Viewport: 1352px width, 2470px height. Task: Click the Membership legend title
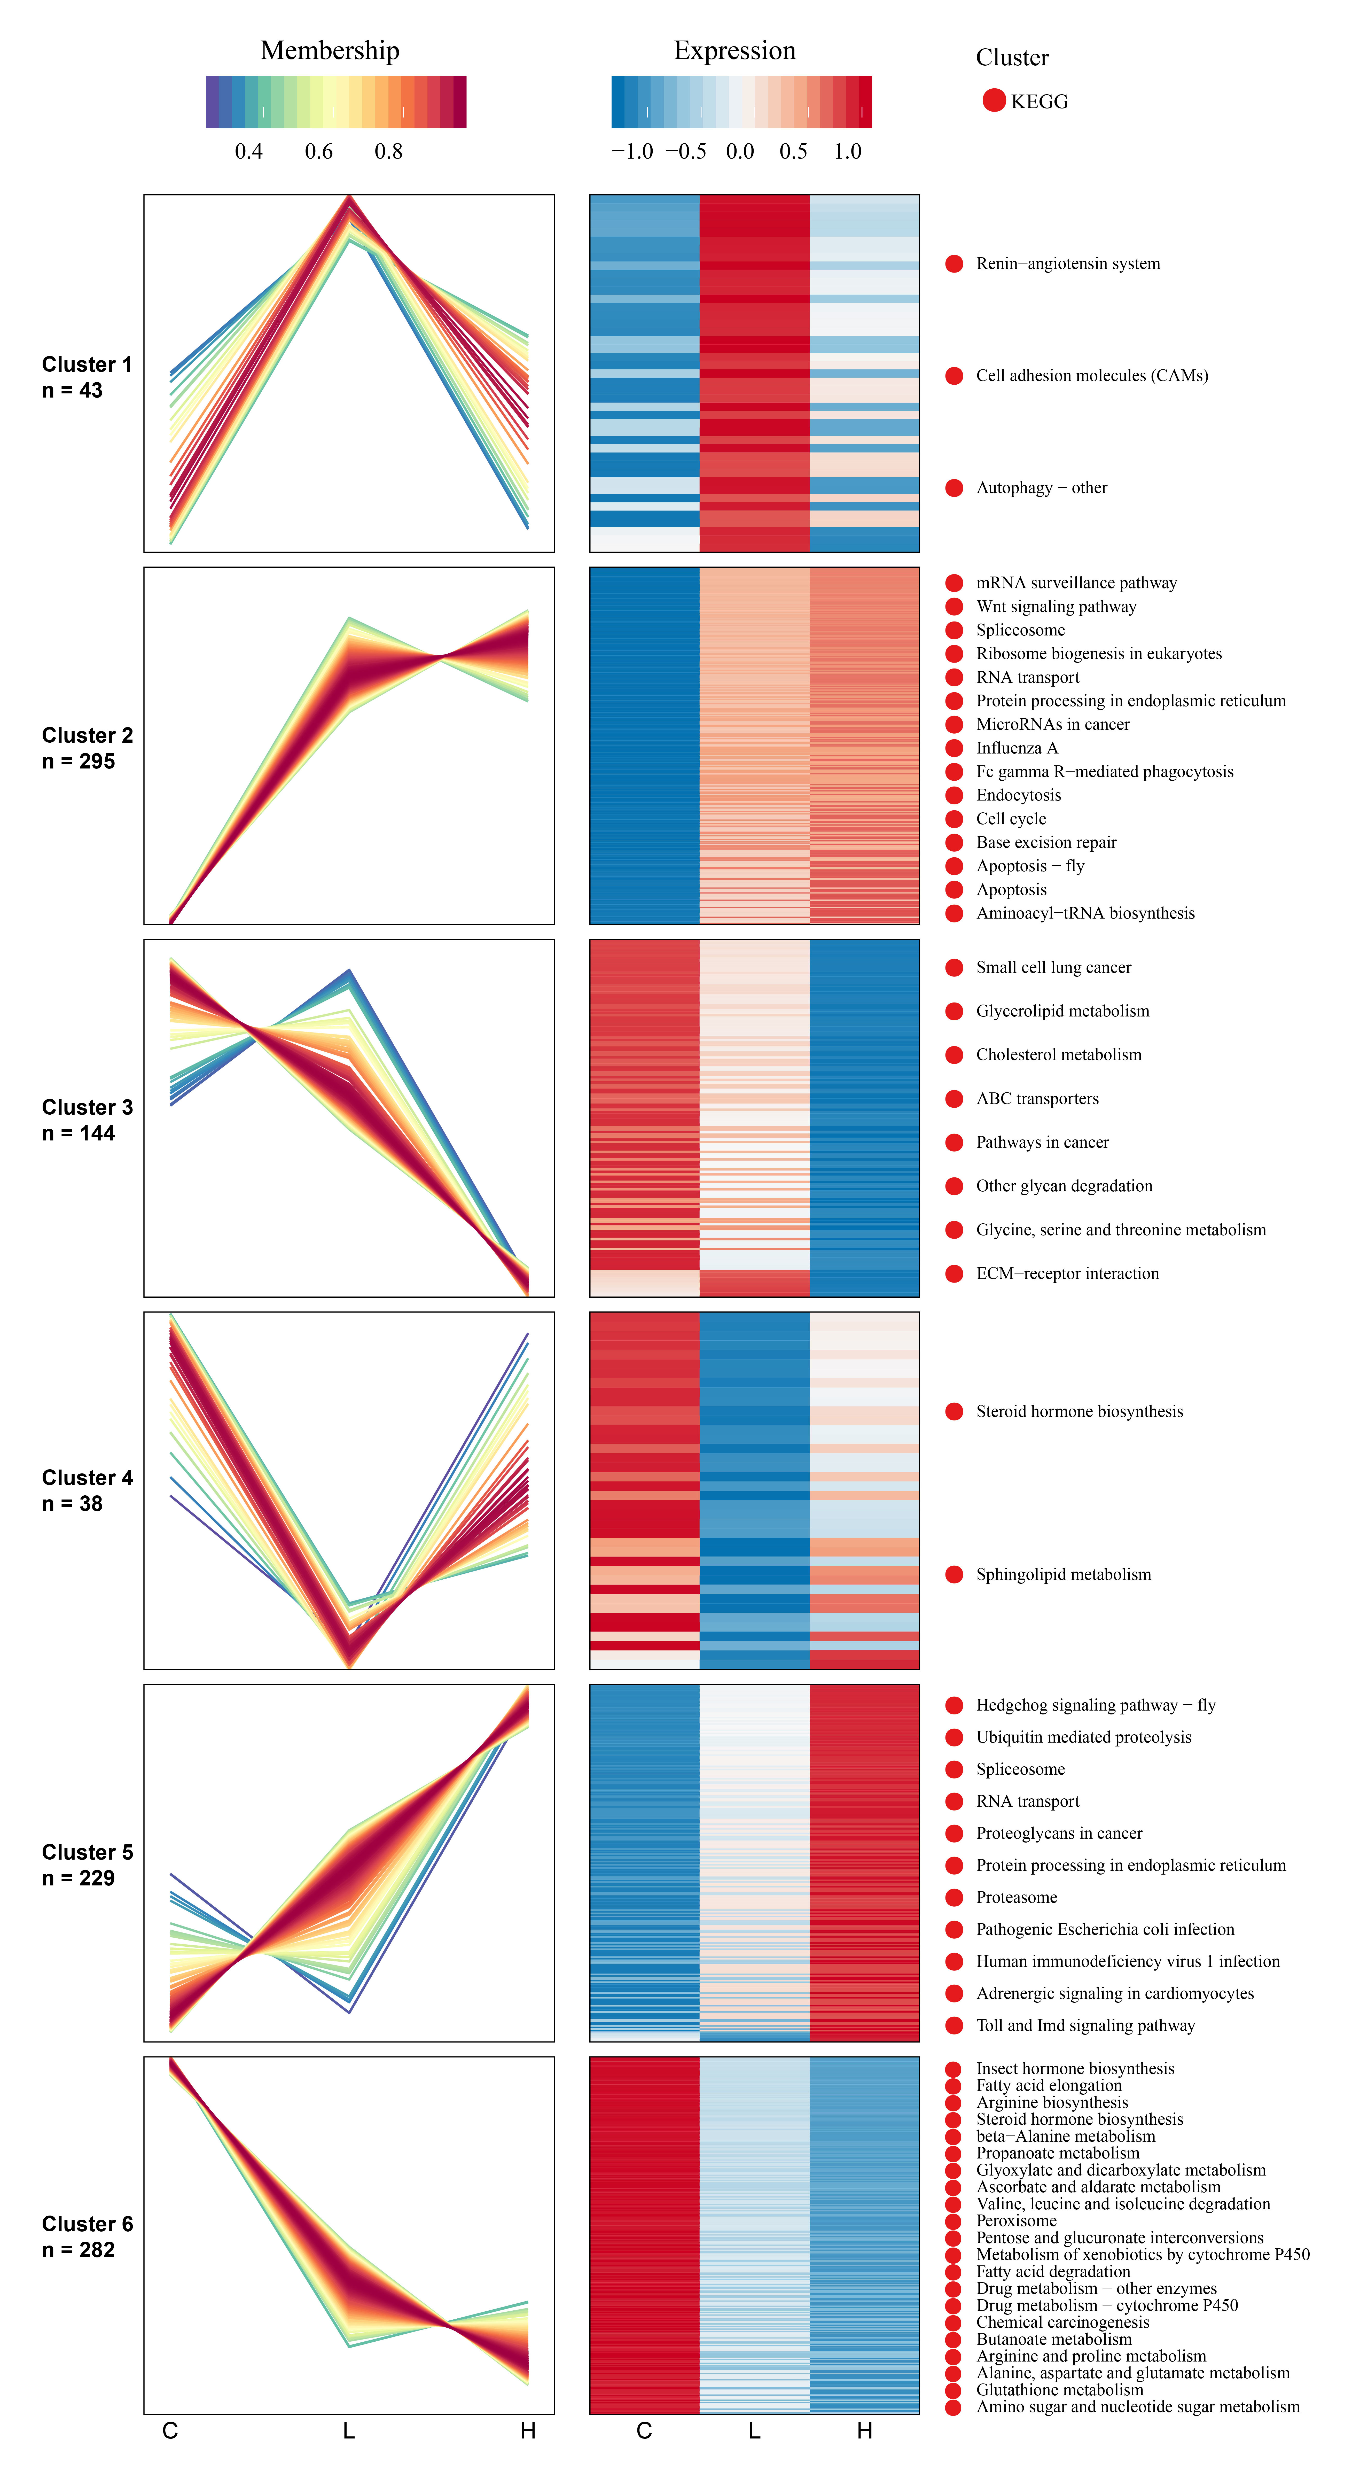point(330,51)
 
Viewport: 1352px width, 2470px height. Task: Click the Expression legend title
point(734,51)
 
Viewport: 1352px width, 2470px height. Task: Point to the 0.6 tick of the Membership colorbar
point(318,151)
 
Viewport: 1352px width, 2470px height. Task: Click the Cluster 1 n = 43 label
point(86,377)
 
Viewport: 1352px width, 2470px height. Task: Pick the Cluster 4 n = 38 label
point(86,1490)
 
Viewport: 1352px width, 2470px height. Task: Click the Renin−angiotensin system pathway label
point(1067,264)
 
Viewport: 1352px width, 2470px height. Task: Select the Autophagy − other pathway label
point(1041,488)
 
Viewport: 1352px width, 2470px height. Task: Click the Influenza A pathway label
point(1017,748)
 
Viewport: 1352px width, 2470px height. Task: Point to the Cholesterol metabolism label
point(1059,1055)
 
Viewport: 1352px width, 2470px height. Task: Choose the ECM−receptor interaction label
point(1067,1273)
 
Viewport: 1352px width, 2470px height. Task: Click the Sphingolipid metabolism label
point(1063,1574)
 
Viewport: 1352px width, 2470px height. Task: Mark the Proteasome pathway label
point(1017,1898)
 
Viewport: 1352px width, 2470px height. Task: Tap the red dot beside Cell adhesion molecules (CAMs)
point(954,376)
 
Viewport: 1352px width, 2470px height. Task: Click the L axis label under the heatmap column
point(755,2431)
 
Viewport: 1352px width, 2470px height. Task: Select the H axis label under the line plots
point(527,2431)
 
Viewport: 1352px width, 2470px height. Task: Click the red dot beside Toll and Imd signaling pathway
point(954,2025)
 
